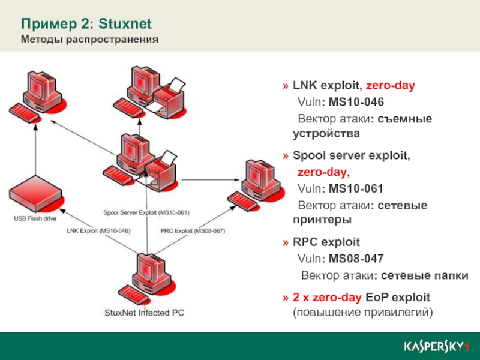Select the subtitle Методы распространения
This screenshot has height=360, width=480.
pos(89,40)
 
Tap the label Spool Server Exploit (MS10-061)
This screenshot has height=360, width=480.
pos(146,212)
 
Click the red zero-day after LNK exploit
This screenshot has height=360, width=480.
pos(391,86)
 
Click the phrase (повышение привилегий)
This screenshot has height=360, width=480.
pos(362,313)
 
